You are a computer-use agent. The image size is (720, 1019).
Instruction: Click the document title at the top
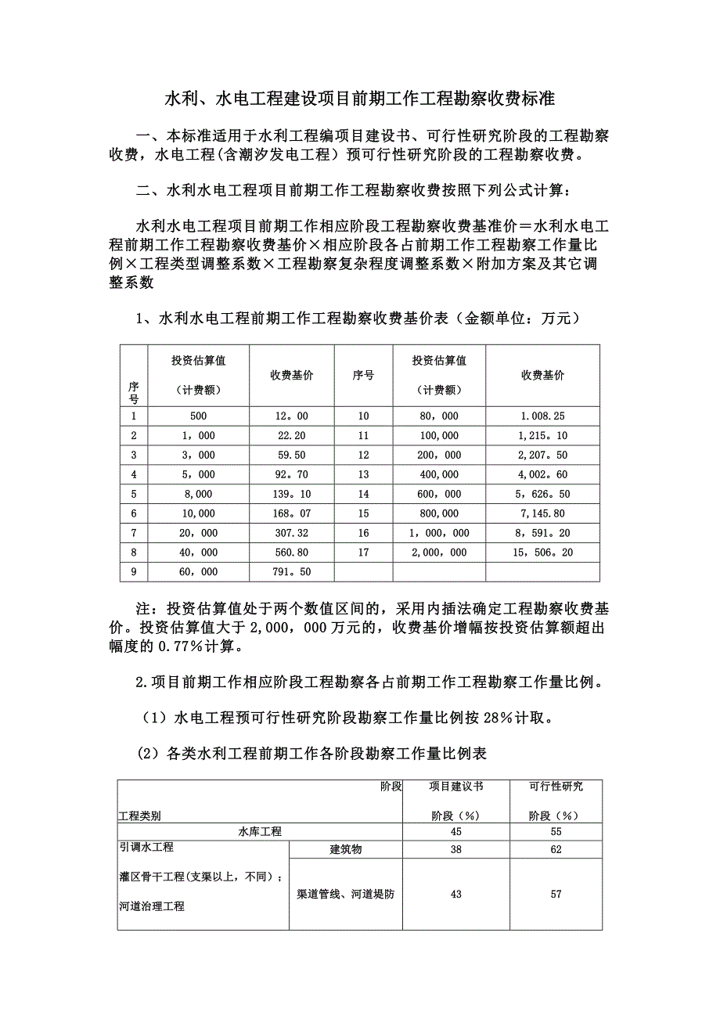[359, 99]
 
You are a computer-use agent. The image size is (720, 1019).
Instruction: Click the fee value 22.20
[291, 435]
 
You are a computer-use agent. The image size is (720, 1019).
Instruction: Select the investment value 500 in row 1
[198, 416]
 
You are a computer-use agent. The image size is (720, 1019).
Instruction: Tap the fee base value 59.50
[291, 455]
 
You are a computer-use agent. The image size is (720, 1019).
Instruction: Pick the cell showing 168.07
[291, 513]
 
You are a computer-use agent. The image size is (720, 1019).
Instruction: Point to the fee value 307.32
[291, 533]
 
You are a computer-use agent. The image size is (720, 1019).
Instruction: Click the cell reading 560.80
[291, 553]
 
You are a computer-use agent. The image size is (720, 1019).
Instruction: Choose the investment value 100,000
[439, 435]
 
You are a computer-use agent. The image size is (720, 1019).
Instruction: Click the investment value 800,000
[439, 513]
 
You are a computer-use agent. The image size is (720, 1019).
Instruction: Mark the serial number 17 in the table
[363, 553]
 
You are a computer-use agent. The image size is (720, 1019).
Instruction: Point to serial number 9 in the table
[134, 572]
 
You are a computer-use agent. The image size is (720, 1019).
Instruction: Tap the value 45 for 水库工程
[455, 831]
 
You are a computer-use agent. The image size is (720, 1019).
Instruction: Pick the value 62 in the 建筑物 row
[556, 849]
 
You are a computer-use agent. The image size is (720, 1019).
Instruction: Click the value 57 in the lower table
[556, 894]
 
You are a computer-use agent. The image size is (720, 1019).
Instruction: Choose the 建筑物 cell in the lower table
[345, 849]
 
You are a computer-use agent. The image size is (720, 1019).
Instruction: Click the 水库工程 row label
[260, 831]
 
